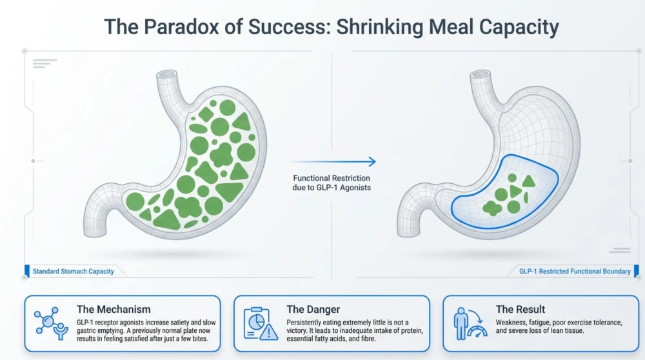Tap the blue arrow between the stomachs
tap(332, 162)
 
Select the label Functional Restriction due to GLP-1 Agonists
tap(332, 183)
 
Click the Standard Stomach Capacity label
tap(74, 272)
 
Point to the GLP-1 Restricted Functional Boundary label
tap(575, 272)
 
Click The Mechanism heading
tap(114, 310)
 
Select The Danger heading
tap(313, 310)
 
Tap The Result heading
tap(521, 310)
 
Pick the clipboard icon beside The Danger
tap(261, 324)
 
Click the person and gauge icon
tap(470, 324)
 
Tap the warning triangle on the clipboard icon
tap(269, 332)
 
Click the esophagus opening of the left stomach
tap(167, 74)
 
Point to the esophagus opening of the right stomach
tap(480, 74)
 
